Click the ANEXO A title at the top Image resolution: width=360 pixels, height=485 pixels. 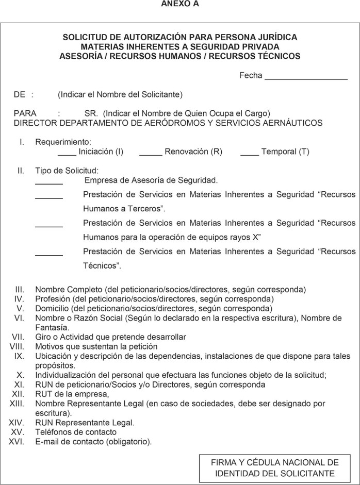click(x=180, y=4)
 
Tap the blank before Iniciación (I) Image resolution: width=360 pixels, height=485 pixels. click(x=67, y=153)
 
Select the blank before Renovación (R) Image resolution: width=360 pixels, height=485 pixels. click(x=151, y=153)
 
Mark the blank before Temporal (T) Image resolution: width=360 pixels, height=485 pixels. click(x=250, y=153)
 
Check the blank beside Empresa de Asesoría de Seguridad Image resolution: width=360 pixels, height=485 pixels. click(x=49, y=182)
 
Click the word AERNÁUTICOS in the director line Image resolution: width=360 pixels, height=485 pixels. click(x=293, y=123)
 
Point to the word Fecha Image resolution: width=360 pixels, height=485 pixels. click(x=251, y=76)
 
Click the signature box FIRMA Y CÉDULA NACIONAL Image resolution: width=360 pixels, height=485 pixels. click(x=275, y=468)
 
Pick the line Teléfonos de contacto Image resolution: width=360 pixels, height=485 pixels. click(x=76, y=432)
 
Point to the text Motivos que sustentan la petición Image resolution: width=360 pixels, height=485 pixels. click(x=96, y=346)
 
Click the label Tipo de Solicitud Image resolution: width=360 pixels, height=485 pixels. click(x=67, y=171)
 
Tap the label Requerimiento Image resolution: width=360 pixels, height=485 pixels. click(x=63, y=142)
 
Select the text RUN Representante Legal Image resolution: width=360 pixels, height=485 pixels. click(x=85, y=423)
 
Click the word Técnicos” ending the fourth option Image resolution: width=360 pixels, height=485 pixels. click(x=102, y=266)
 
